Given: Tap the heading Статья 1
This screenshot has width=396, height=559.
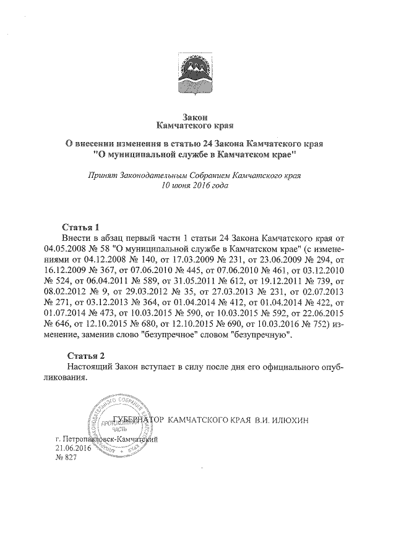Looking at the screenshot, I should coord(82,225).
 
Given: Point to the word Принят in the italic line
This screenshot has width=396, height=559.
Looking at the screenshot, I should coord(104,175).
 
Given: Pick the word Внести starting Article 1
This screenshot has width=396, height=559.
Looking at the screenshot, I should coord(77,237).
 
